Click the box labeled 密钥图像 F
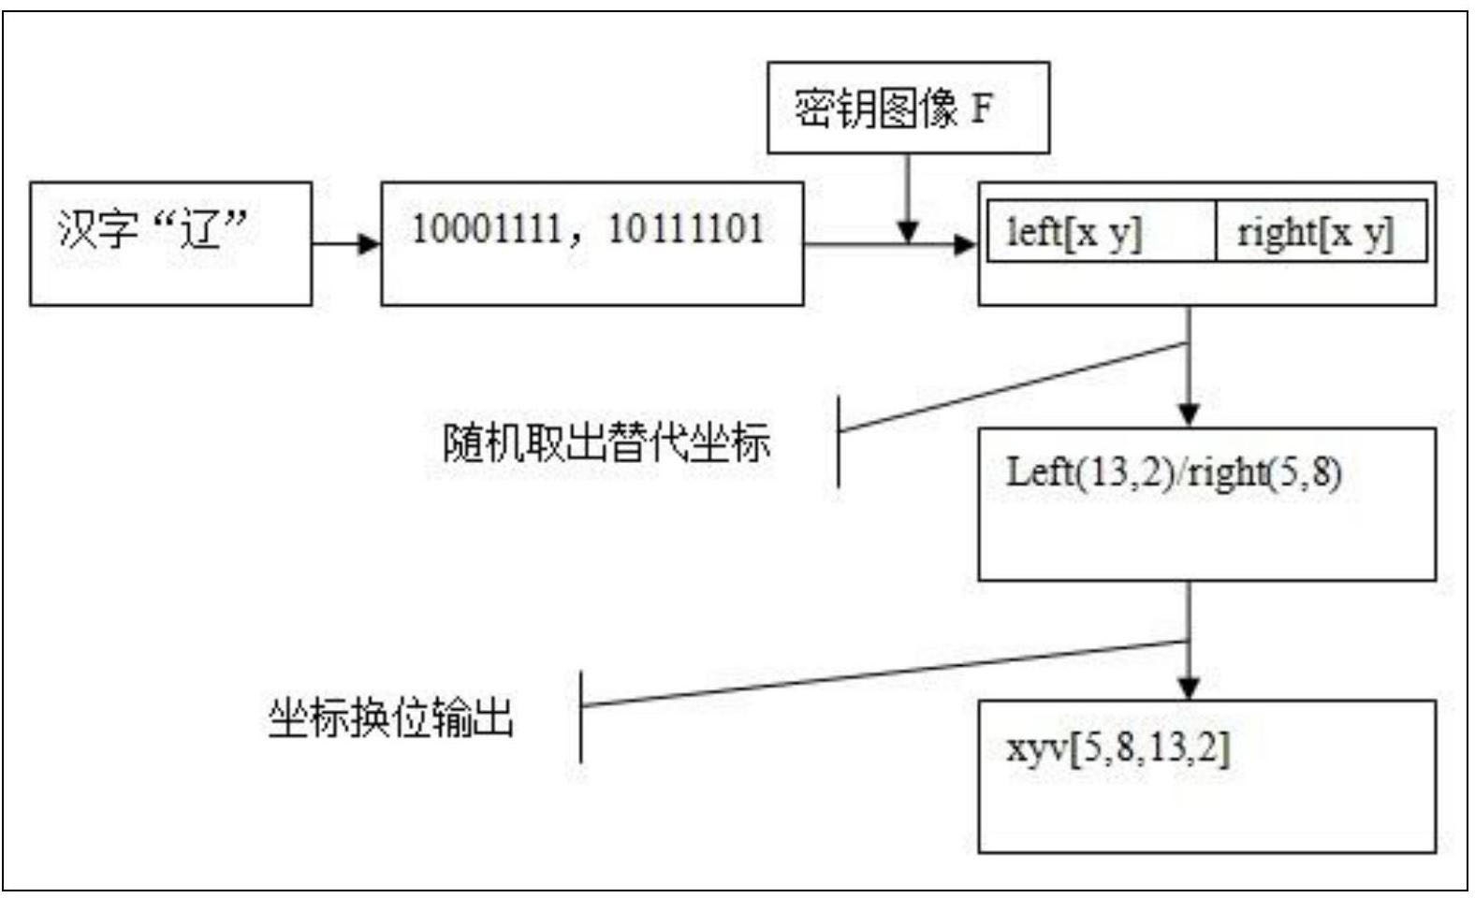click(x=907, y=108)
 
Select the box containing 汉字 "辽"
click(x=170, y=243)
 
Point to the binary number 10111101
click(x=686, y=228)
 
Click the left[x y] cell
click(x=1074, y=231)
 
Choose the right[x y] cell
click(x=1315, y=231)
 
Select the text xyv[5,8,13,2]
click(x=1117, y=748)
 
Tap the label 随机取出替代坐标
click(x=606, y=442)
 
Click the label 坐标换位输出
click(x=390, y=718)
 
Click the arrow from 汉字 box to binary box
click(x=346, y=244)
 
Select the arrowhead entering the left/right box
click(x=965, y=245)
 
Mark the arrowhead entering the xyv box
click(x=1189, y=688)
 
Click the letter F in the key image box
click(x=981, y=109)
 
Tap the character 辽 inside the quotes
click(x=202, y=228)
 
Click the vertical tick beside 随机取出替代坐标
click(x=838, y=441)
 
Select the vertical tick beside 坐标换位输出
click(x=581, y=716)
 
